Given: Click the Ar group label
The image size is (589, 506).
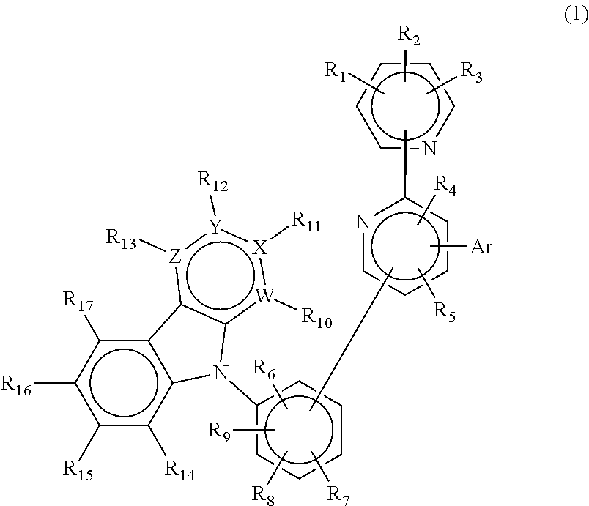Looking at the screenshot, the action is coord(481,248).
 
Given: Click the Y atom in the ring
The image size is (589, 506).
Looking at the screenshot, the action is coord(215,228).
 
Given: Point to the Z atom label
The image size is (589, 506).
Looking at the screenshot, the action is coord(175,256).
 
